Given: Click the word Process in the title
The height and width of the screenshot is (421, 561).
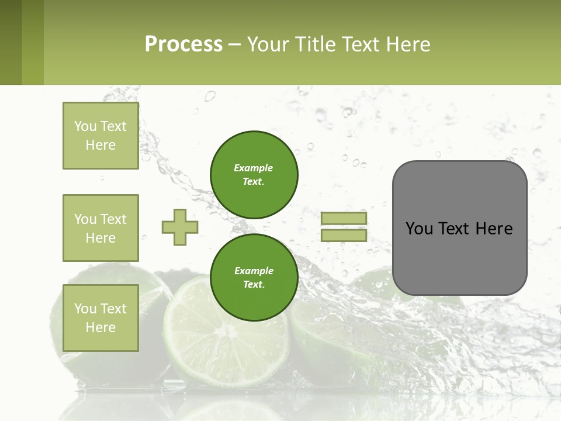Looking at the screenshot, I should (x=183, y=44).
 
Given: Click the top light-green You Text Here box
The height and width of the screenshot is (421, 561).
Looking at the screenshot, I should (x=101, y=136).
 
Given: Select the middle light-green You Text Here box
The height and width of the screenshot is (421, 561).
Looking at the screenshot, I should (x=101, y=228).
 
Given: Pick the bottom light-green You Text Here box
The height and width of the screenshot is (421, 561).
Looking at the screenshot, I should (x=101, y=318).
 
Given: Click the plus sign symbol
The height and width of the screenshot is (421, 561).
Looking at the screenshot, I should (x=180, y=227).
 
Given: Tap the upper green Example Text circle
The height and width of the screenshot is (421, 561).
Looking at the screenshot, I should (x=254, y=175).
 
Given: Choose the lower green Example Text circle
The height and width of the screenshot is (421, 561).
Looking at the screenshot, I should (x=254, y=278).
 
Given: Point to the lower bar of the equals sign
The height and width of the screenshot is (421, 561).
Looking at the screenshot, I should (x=344, y=235).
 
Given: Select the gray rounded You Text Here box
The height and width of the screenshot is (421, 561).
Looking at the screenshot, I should (x=459, y=228).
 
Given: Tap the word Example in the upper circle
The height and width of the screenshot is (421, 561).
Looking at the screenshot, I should (x=254, y=168).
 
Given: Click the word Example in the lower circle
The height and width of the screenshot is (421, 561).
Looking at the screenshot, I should (x=254, y=271).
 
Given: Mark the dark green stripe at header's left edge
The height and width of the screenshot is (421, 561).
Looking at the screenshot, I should (x=11, y=42).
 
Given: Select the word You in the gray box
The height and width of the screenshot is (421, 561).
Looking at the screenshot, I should (x=419, y=229).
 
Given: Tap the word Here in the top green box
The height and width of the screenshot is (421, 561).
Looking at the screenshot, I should (x=101, y=145).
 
